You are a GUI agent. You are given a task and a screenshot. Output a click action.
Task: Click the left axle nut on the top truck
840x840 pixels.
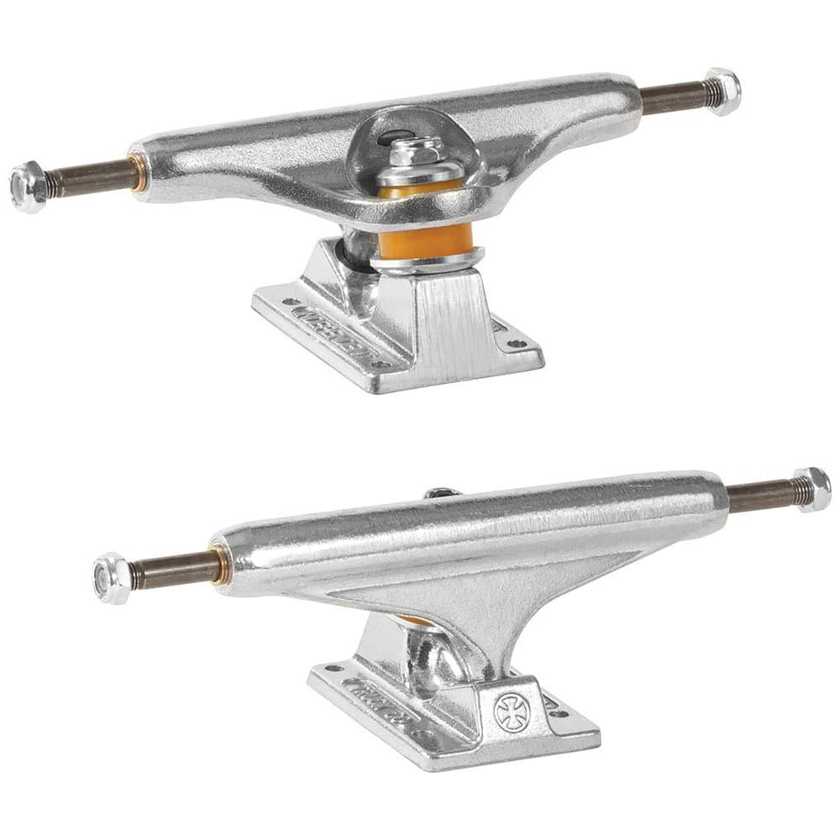pyautogui.click(x=28, y=186)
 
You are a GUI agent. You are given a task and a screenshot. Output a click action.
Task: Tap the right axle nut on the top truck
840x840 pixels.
pyautogui.click(x=722, y=90)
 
